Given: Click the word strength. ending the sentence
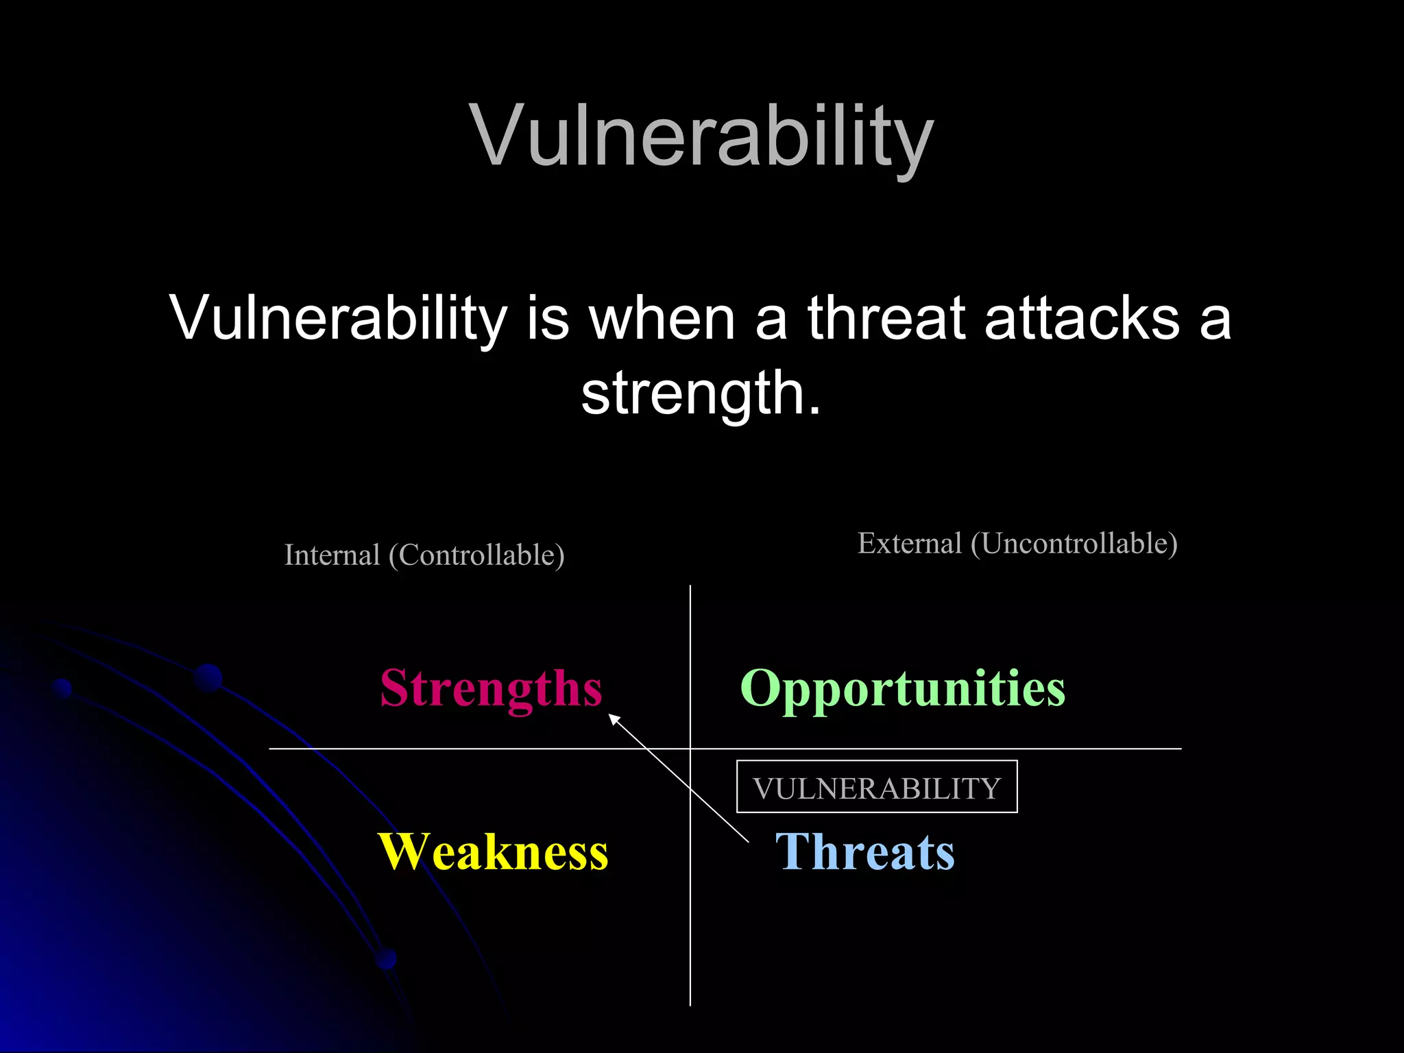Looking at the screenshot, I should (701, 394).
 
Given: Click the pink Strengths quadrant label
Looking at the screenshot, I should (491, 688).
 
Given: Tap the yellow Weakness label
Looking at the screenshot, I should (493, 852).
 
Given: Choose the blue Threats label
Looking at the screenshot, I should (864, 852).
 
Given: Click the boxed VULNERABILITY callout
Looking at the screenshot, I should (877, 788).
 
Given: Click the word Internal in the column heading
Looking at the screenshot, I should (332, 555).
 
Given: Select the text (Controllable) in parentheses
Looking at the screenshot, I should (476, 555).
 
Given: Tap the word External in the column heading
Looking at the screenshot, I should (909, 544).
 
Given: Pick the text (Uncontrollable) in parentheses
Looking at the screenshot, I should (1074, 544).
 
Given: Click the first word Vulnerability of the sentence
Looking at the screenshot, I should (339, 318).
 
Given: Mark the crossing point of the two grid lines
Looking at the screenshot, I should (690, 749).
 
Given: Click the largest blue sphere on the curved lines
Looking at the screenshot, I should (208, 678).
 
